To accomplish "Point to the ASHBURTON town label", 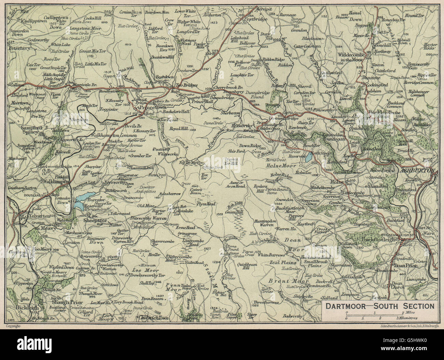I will click(x=417, y=170).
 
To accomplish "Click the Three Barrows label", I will click(x=267, y=302).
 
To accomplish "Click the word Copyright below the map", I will click(x=14, y=326).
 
